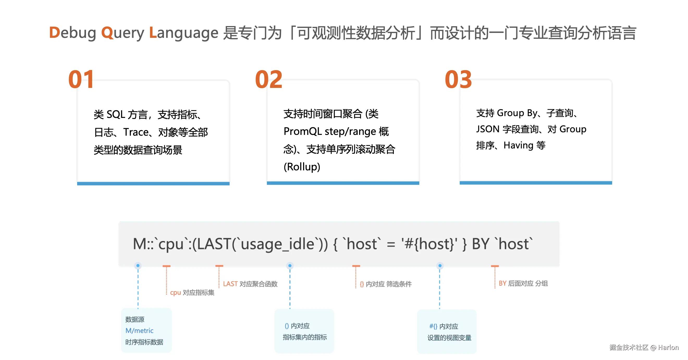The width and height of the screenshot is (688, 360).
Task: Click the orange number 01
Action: point(81,79)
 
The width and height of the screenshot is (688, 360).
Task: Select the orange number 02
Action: point(269,79)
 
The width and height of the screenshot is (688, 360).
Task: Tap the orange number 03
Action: point(458,79)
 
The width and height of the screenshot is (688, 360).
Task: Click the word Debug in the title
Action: point(72,33)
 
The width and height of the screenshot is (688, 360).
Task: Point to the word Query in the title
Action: point(122,33)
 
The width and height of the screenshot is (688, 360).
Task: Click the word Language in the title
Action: point(183,33)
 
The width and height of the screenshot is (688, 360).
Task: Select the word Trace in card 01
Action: point(136,132)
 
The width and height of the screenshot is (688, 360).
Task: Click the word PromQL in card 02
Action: point(302,131)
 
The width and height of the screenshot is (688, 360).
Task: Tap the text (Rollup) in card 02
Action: point(302,167)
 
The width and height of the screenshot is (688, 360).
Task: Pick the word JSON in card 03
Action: point(488,129)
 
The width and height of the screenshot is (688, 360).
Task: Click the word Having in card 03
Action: point(518,145)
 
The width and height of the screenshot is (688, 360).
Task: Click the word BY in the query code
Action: point(481,244)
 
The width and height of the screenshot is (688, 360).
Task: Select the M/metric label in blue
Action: point(139,331)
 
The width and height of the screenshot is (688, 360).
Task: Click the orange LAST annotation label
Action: point(230,284)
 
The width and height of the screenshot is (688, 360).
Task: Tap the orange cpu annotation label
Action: point(175,293)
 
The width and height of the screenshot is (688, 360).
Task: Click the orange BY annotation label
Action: point(502,283)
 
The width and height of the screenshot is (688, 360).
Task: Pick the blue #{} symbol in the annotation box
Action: point(433,326)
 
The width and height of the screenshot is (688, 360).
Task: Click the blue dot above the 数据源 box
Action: point(138,265)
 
